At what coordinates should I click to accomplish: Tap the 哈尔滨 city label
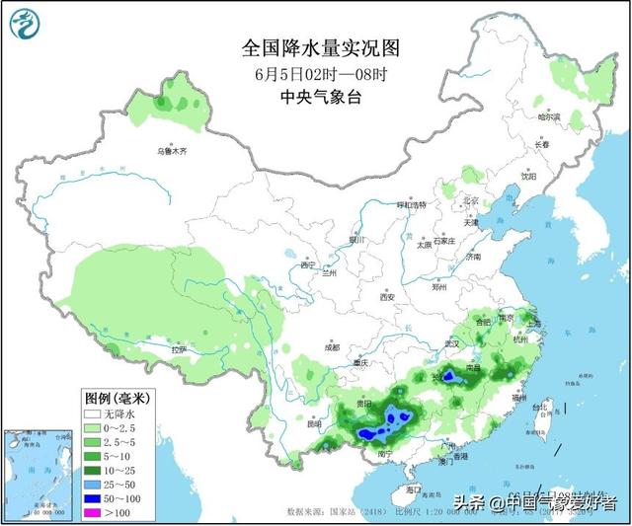tap(549, 116)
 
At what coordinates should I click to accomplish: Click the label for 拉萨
tap(178, 349)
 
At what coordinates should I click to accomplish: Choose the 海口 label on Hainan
tap(413, 488)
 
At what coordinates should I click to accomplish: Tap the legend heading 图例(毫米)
tap(116, 399)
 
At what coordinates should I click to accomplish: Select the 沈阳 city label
tap(530, 178)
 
